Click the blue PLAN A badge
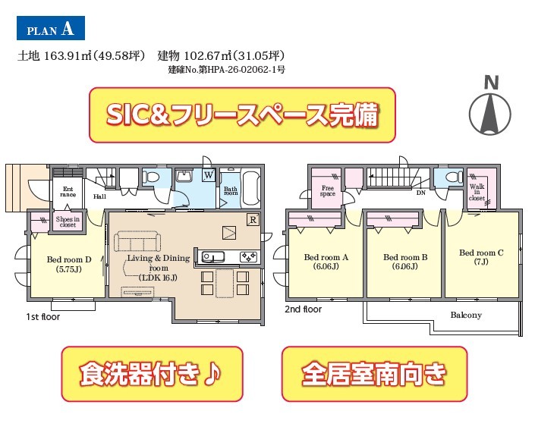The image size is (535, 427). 51,28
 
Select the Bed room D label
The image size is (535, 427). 69,265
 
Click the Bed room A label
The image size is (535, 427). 326,262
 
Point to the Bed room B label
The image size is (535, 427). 405,262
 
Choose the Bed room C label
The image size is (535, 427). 481,257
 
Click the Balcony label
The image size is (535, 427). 466,315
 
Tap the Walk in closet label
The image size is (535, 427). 477,192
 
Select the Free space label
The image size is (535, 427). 328,190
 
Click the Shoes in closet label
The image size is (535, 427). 68,221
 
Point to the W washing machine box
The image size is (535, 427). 209,175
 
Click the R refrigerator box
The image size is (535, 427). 253,220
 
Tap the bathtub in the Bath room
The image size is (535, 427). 251,187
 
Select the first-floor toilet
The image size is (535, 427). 151,177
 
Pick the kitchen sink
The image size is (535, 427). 213,256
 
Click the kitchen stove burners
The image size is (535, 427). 248,256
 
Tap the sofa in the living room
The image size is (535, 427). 137,240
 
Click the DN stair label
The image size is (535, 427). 421,193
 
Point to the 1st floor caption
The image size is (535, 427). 43,317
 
